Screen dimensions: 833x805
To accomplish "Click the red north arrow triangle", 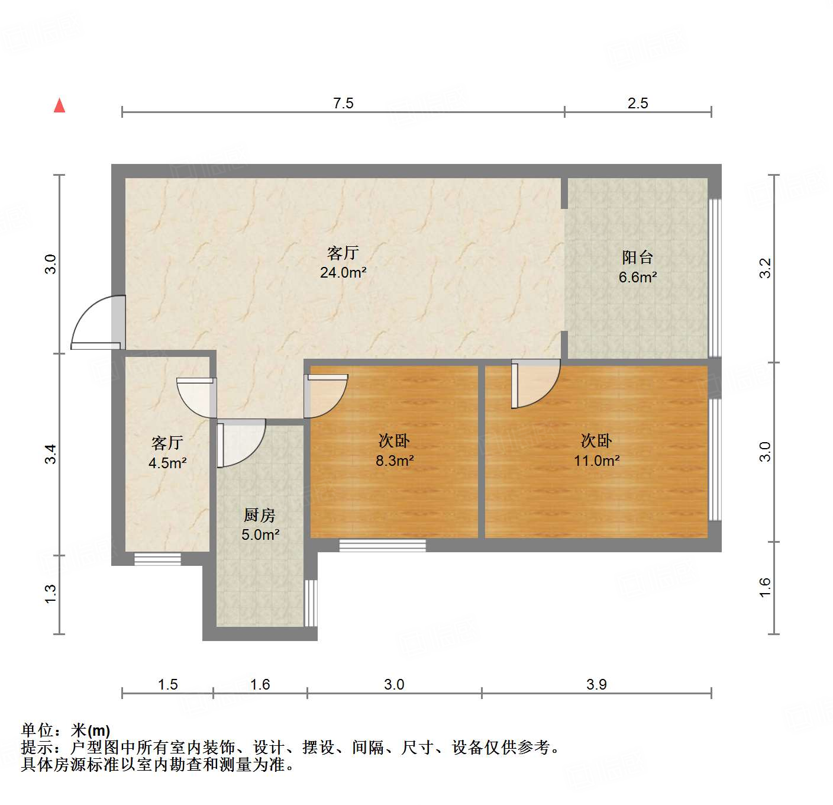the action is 60,106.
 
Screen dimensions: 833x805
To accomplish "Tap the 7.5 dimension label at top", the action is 343,103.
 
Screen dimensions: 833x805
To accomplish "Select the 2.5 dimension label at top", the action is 638,103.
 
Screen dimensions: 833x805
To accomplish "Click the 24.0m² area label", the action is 343,273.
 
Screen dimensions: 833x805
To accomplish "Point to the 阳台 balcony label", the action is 637,257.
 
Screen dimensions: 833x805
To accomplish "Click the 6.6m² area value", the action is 638,278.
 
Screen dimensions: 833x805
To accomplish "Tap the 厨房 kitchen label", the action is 259,515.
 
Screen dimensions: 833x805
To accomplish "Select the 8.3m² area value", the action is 395,461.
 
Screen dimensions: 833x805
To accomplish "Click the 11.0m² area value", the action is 597,461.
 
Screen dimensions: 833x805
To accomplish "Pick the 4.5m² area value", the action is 167,463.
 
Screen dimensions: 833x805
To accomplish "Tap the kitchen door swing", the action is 241,443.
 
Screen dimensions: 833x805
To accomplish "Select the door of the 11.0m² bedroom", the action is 536,383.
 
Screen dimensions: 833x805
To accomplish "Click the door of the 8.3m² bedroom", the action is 326,396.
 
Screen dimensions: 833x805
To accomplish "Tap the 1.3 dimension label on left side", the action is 50,594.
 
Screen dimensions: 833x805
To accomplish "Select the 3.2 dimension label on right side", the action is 766,269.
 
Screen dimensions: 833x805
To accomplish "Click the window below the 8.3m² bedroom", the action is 383,546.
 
